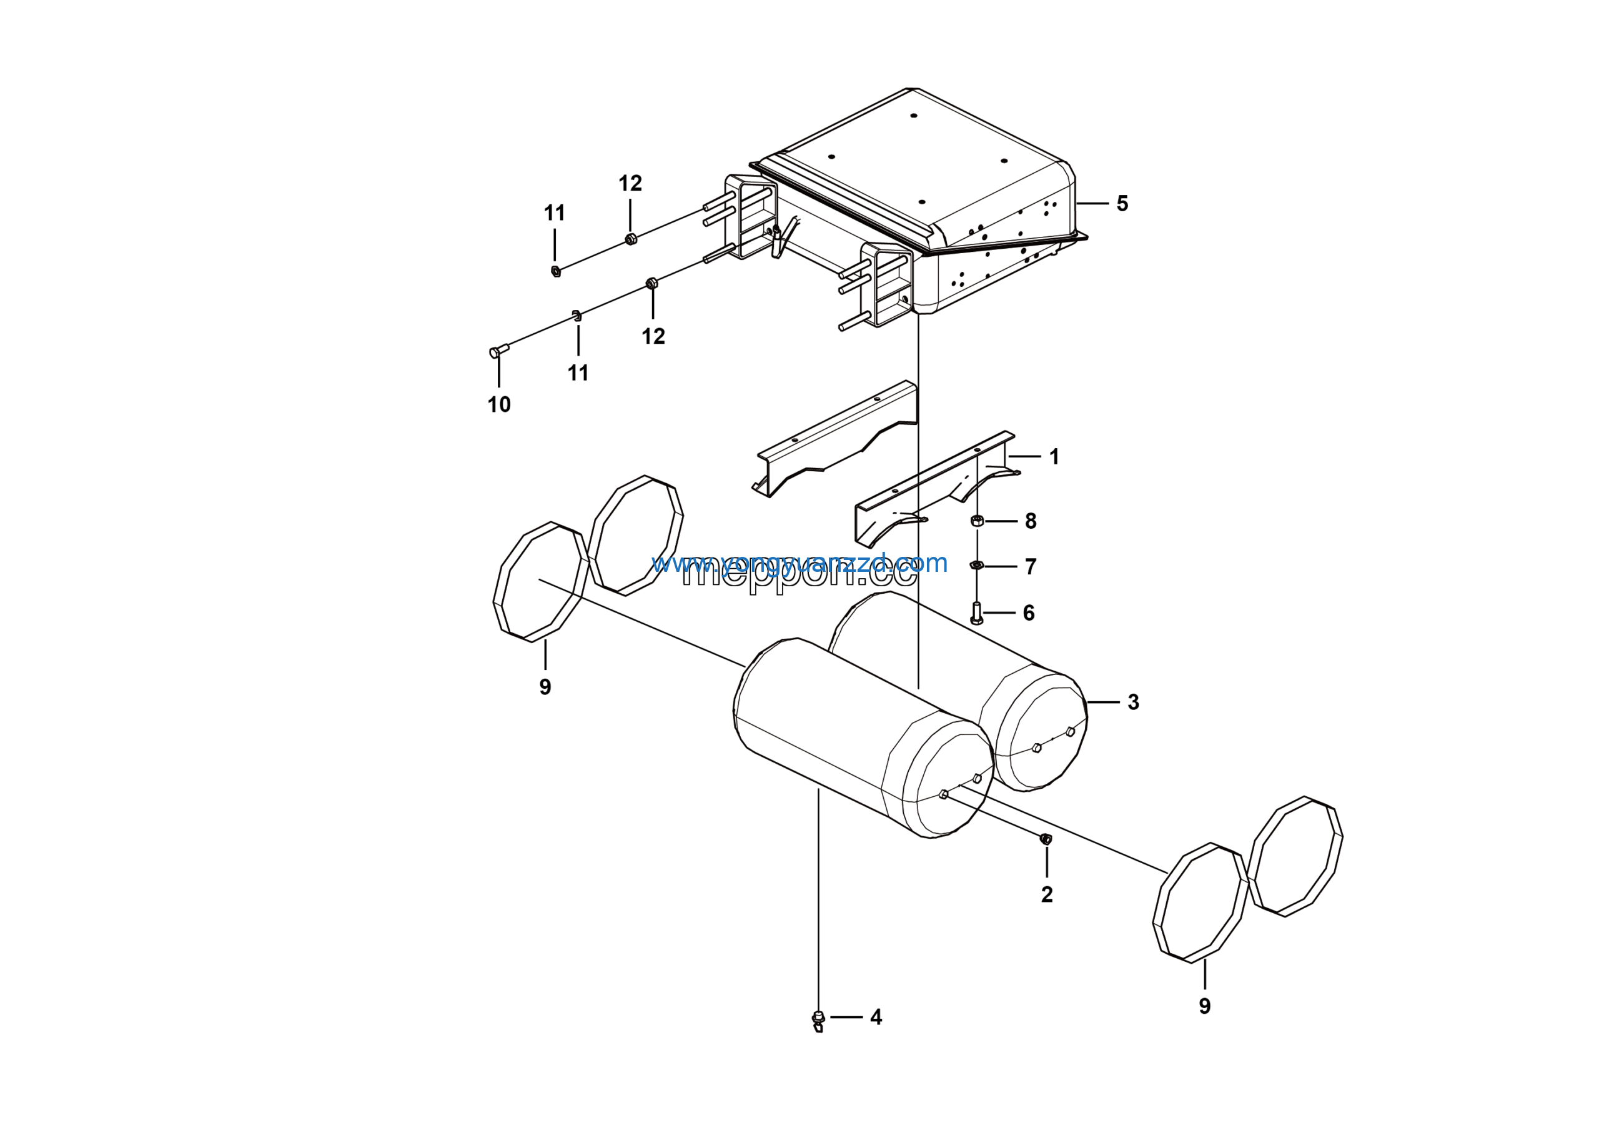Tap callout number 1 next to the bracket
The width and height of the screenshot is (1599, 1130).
1054,457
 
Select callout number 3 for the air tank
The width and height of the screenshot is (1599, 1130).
1133,702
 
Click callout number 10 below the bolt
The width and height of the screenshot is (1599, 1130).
498,405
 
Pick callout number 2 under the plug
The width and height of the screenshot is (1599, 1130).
1047,895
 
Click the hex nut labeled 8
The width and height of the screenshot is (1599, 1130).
976,521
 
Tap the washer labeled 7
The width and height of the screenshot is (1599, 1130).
976,565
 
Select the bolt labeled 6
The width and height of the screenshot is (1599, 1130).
976,613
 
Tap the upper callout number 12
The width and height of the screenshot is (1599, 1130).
630,183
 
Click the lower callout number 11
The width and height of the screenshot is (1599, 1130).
578,373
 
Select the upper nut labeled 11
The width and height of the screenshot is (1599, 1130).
556,271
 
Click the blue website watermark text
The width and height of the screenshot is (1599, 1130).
799,563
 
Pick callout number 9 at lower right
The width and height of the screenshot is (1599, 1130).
1205,1006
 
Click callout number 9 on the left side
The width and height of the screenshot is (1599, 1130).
545,687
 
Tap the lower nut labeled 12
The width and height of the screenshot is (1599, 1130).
652,283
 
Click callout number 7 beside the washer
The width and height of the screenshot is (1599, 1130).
1031,566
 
